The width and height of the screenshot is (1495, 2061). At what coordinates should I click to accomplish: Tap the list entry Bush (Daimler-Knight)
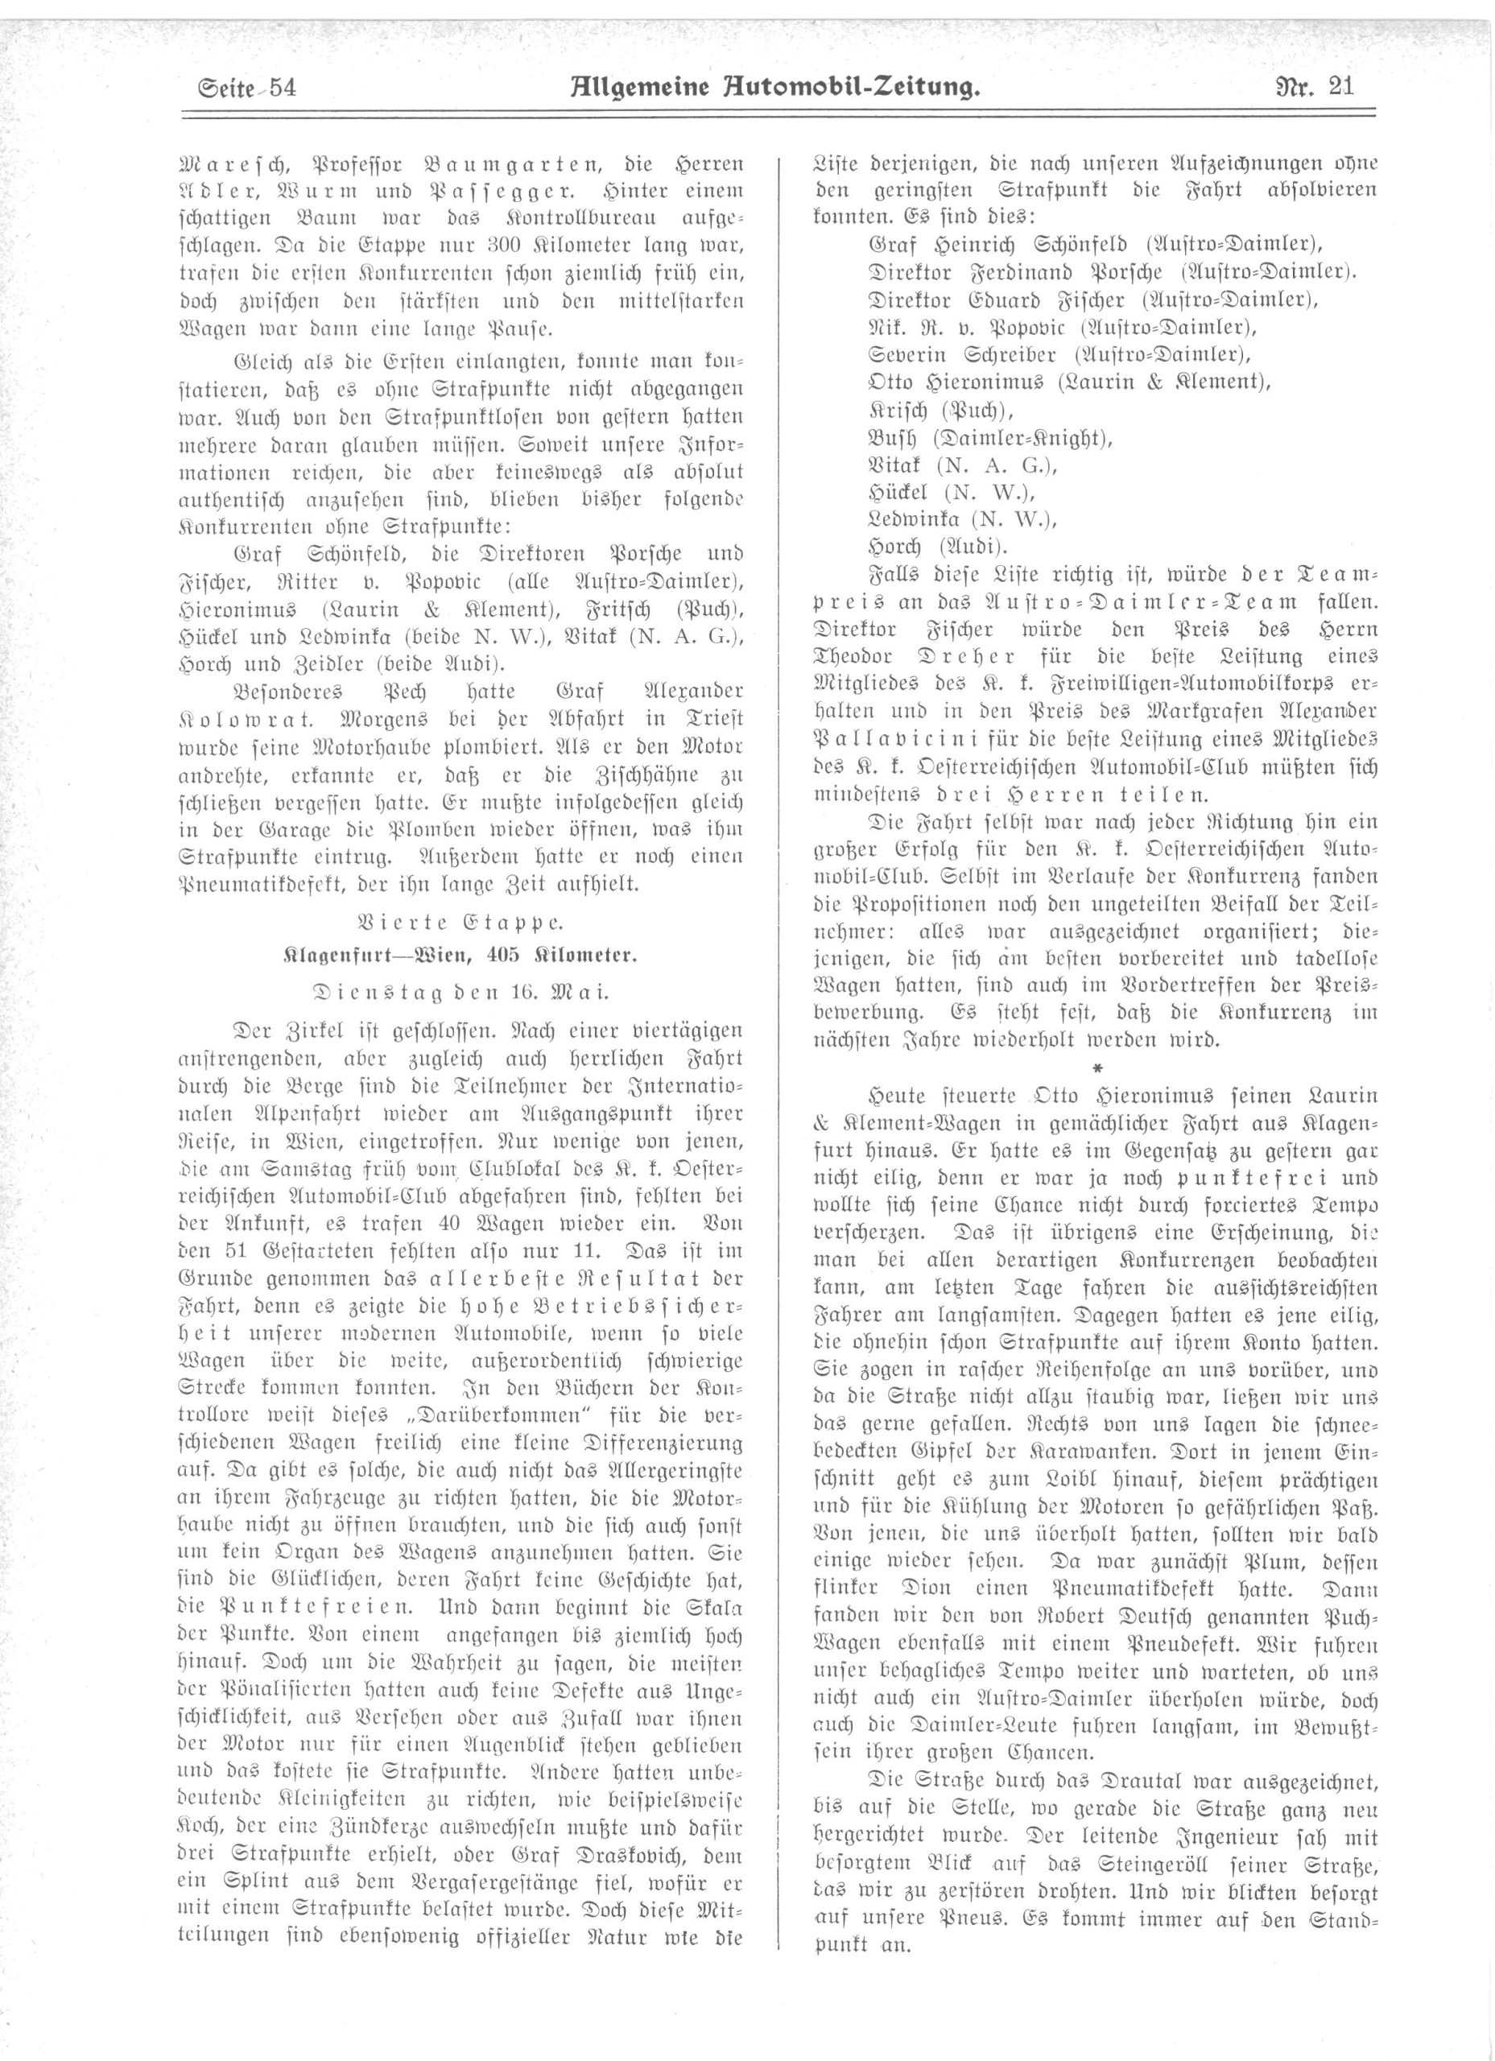click(x=990, y=437)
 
